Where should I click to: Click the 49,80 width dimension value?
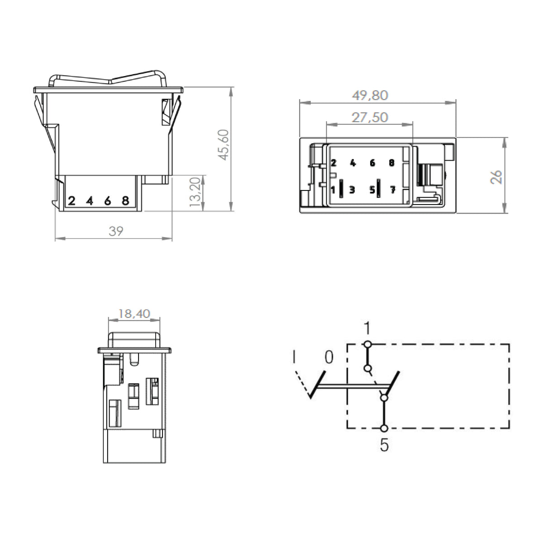370,95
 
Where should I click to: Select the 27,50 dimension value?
370,117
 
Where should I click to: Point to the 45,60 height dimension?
224,145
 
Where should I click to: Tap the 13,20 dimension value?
195,192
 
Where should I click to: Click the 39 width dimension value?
116,231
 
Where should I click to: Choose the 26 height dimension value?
496,177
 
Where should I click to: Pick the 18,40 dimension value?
134,314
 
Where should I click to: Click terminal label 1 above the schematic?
367,328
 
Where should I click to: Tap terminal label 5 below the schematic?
384,446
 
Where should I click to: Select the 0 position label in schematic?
329,357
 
